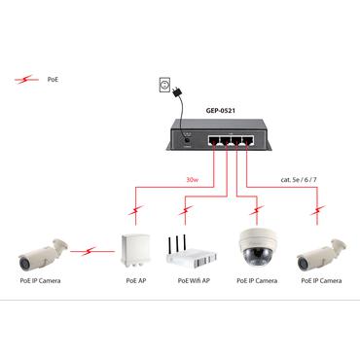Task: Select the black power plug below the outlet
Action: point(175,95)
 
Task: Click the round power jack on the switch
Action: point(186,144)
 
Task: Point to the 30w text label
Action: point(194,179)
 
